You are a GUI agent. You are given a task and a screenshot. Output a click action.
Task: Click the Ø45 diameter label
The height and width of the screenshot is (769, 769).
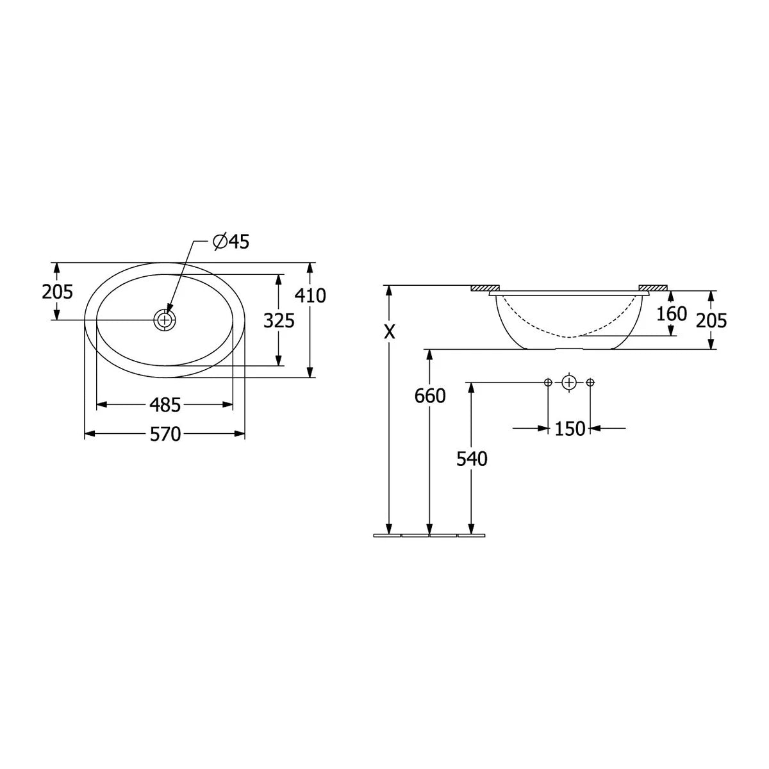click(x=231, y=242)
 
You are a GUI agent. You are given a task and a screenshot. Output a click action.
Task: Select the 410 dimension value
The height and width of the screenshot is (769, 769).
click(x=310, y=295)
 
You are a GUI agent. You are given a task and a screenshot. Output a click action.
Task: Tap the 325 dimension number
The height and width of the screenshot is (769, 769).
click(x=279, y=320)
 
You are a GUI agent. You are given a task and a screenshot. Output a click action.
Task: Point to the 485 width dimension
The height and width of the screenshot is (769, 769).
click(x=165, y=406)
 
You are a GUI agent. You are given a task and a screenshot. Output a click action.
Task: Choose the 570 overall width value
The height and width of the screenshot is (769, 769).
click(x=165, y=434)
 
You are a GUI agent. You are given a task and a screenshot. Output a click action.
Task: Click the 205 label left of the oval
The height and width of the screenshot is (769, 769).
click(x=58, y=292)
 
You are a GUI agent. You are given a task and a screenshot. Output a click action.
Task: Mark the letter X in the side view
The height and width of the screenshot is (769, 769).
click(x=389, y=331)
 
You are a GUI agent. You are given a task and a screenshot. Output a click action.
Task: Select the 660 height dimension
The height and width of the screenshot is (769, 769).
click(x=430, y=396)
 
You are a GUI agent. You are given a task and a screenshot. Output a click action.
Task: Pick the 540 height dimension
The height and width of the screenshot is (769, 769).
click(x=472, y=459)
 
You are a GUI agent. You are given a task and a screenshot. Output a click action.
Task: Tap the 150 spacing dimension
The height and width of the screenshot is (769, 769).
click(x=570, y=429)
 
